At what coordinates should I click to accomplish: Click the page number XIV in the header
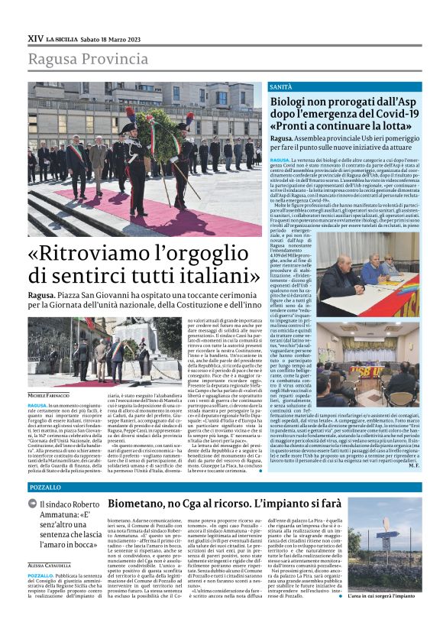click(36, 37)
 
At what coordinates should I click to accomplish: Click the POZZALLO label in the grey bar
click(44, 487)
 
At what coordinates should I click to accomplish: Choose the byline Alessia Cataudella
click(50, 565)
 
